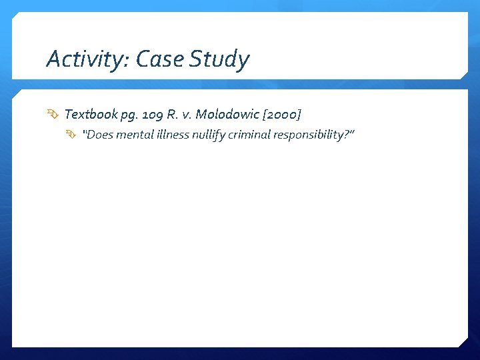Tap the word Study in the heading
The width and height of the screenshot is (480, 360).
[x=219, y=60]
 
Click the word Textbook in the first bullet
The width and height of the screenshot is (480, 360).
[x=91, y=115]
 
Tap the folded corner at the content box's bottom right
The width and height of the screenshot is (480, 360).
[x=464, y=342]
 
